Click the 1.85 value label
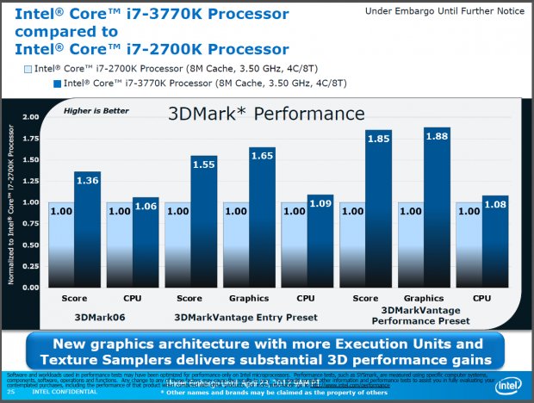[x=379, y=135]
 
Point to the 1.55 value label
[x=205, y=161]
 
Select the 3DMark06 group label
[x=89, y=318]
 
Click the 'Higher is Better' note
[x=90, y=110]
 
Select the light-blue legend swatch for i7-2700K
[x=28, y=68]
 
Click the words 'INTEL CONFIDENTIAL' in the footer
[x=59, y=392]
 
